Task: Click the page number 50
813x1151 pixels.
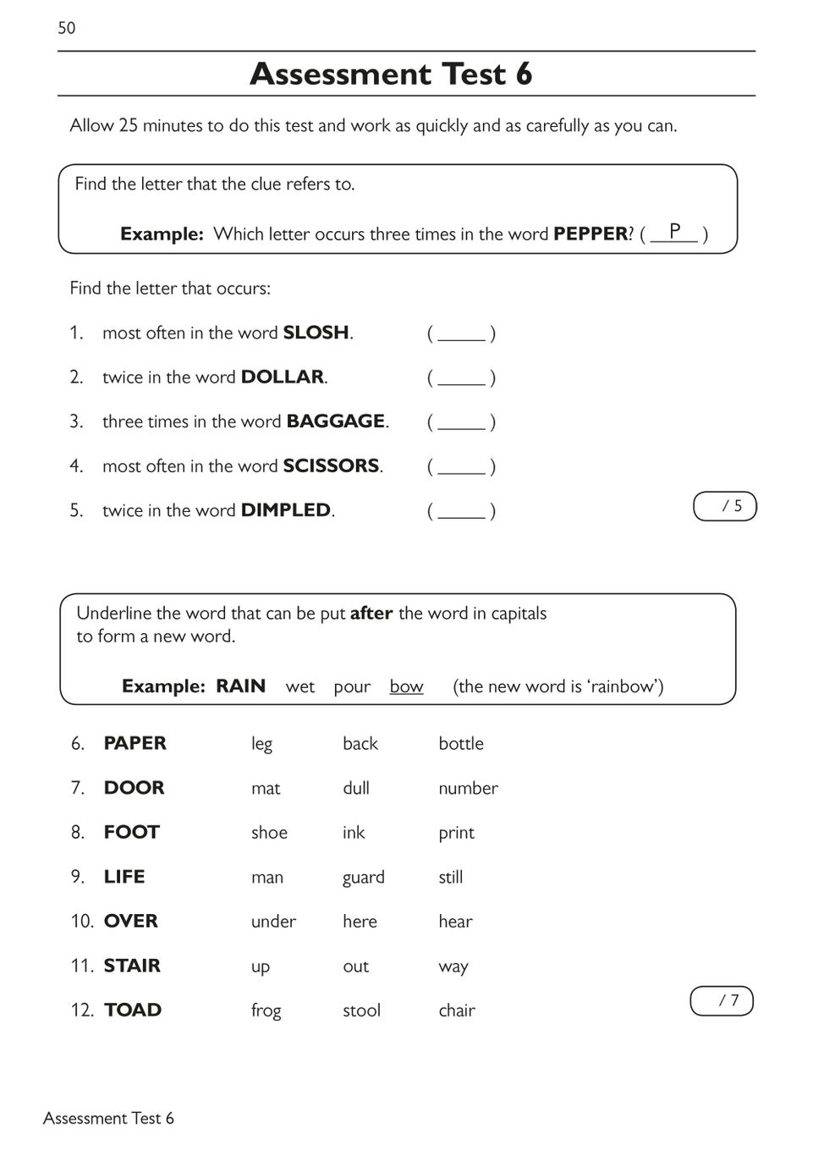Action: pos(67,28)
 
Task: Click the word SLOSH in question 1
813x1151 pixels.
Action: pos(316,333)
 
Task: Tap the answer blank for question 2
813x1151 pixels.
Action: pos(461,378)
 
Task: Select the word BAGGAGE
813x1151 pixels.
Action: pos(336,421)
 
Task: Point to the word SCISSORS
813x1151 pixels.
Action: pos(331,465)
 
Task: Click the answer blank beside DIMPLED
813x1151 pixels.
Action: pos(461,511)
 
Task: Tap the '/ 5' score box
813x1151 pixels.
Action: pos(725,506)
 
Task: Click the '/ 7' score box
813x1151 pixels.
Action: pos(722,1000)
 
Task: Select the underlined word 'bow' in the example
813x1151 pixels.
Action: pos(406,686)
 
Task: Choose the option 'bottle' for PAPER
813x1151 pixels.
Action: pos(461,744)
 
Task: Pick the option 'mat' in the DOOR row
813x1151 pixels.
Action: pos(266,789)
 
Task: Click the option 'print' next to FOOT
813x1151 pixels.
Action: pos(456,834)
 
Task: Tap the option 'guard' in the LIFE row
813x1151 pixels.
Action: pos(364,878)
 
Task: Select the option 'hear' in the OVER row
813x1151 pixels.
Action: pos(455,922)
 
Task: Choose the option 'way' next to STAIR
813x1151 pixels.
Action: pos(453,967)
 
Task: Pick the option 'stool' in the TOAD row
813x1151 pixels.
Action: pos(361,1011)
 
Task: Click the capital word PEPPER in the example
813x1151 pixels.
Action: pos(591,234)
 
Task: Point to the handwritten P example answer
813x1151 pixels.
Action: pos(674,230)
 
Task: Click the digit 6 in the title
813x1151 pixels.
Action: pos(523,74)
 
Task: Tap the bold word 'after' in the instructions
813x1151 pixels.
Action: pos(371,613)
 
